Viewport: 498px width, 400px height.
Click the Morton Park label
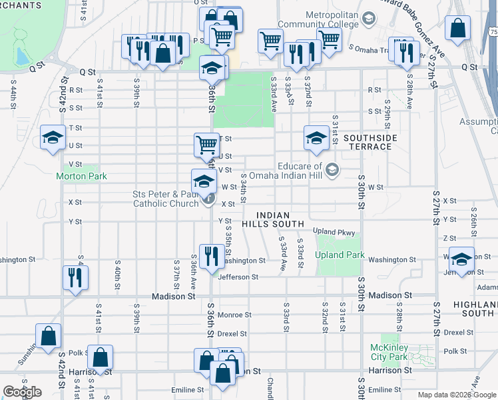pos(82,177)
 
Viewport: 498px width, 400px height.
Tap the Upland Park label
pos(340,255)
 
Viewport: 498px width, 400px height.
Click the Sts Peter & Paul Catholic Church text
pos(166,199)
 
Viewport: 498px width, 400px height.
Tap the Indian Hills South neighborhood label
pos(272,219)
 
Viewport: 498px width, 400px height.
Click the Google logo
pos(22,392)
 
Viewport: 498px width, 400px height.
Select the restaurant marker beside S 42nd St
pos(74,277)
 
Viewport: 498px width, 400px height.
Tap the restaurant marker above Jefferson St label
pos(211,255)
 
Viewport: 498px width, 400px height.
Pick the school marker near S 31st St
pos(316,137)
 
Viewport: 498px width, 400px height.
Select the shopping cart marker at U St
pos(206,143)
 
